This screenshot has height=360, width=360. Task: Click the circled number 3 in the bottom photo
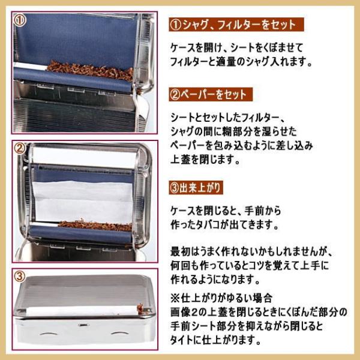click(19, 277)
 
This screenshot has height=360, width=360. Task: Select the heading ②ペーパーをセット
click(208, 95)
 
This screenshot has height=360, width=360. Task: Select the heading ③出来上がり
click(196, 188)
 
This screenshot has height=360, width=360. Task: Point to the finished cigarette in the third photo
click(90, 310)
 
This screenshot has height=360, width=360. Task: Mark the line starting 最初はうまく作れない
click(251, 251)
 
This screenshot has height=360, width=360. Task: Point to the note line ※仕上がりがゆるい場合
click(221, 297)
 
